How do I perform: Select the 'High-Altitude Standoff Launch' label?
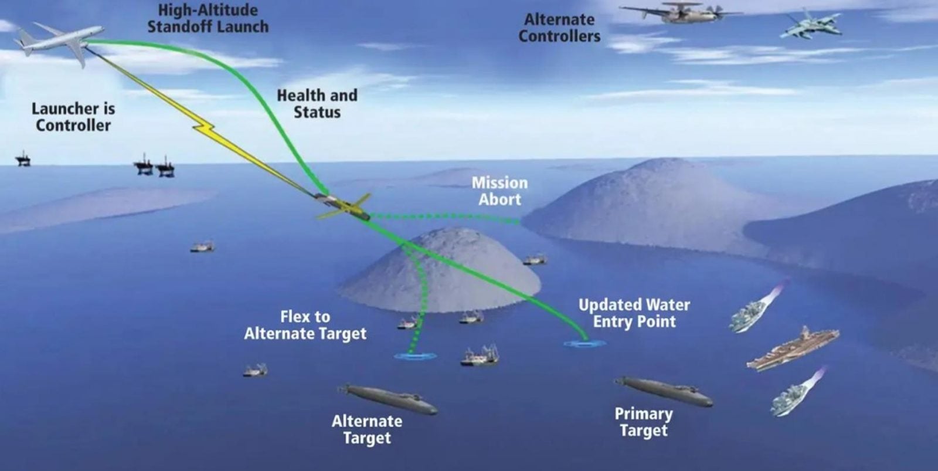(208, 18)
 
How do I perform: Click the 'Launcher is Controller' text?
(73, 117)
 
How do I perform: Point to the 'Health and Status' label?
(317, 103)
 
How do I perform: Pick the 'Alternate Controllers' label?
(559, 28)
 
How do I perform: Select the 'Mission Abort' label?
(500, 191)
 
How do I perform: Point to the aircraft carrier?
(793, 350)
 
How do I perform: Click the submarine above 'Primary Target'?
(664, 391)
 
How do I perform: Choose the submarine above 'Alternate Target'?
(389, 399)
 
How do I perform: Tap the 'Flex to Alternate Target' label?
(305, 325)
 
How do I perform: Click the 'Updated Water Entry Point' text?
(634, 313)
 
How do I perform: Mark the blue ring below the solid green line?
(584, 344)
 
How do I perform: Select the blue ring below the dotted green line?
(415, 357)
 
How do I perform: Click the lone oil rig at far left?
(23, 159)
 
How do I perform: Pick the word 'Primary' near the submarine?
(644, 414)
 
